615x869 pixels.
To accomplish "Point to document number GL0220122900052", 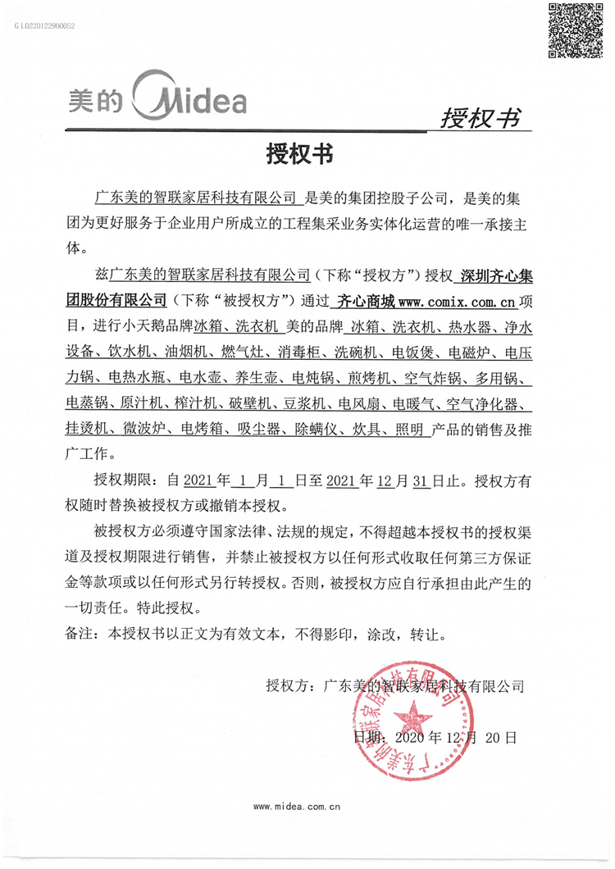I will (x=45, y=26).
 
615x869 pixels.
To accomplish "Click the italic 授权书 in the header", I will (x=480, y=119).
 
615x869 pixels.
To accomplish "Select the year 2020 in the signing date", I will (x=412, y=738).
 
